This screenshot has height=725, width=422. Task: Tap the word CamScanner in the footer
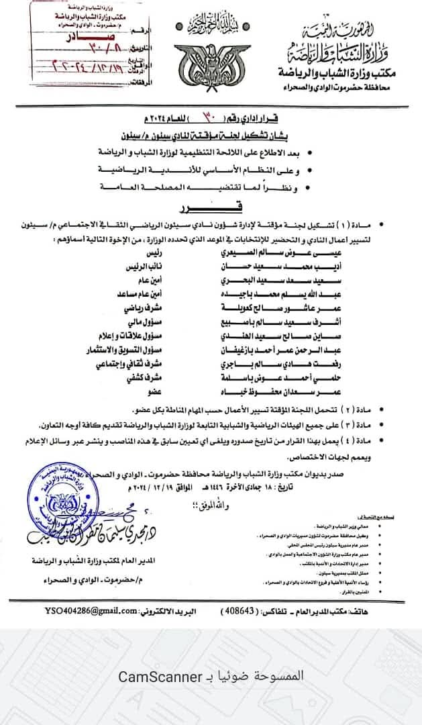(160, 676)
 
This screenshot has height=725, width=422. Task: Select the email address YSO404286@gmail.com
(91, 612)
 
